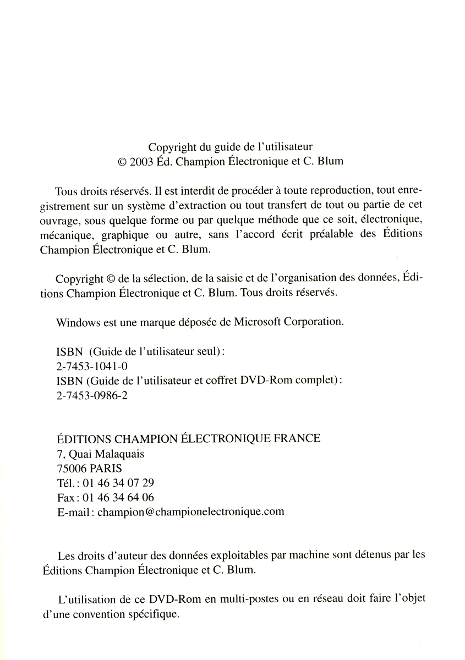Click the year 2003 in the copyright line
click(x=142, y=162)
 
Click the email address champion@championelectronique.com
click(x=191, y=512)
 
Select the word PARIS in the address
click(x=105, y=469)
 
